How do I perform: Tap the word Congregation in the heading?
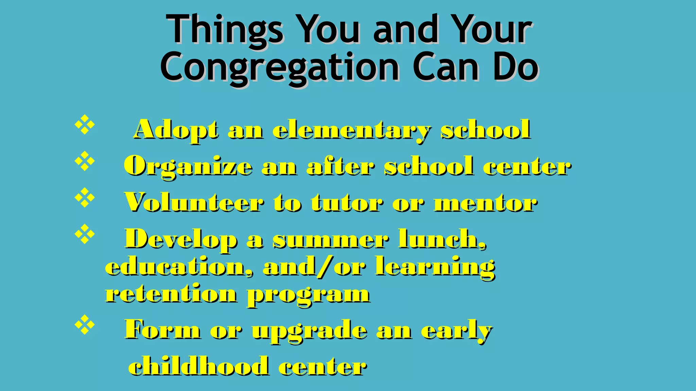(280, 68)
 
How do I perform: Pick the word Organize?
(188, 167)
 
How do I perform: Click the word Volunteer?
(194, 203)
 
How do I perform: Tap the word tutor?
(347, 203)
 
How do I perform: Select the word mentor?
(486, 203)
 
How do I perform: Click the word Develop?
(181, 240)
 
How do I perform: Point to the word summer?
(330, 239)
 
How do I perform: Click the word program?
(308, 295)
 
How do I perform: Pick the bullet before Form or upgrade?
(84, 325)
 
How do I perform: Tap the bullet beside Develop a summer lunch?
(84, 234)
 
